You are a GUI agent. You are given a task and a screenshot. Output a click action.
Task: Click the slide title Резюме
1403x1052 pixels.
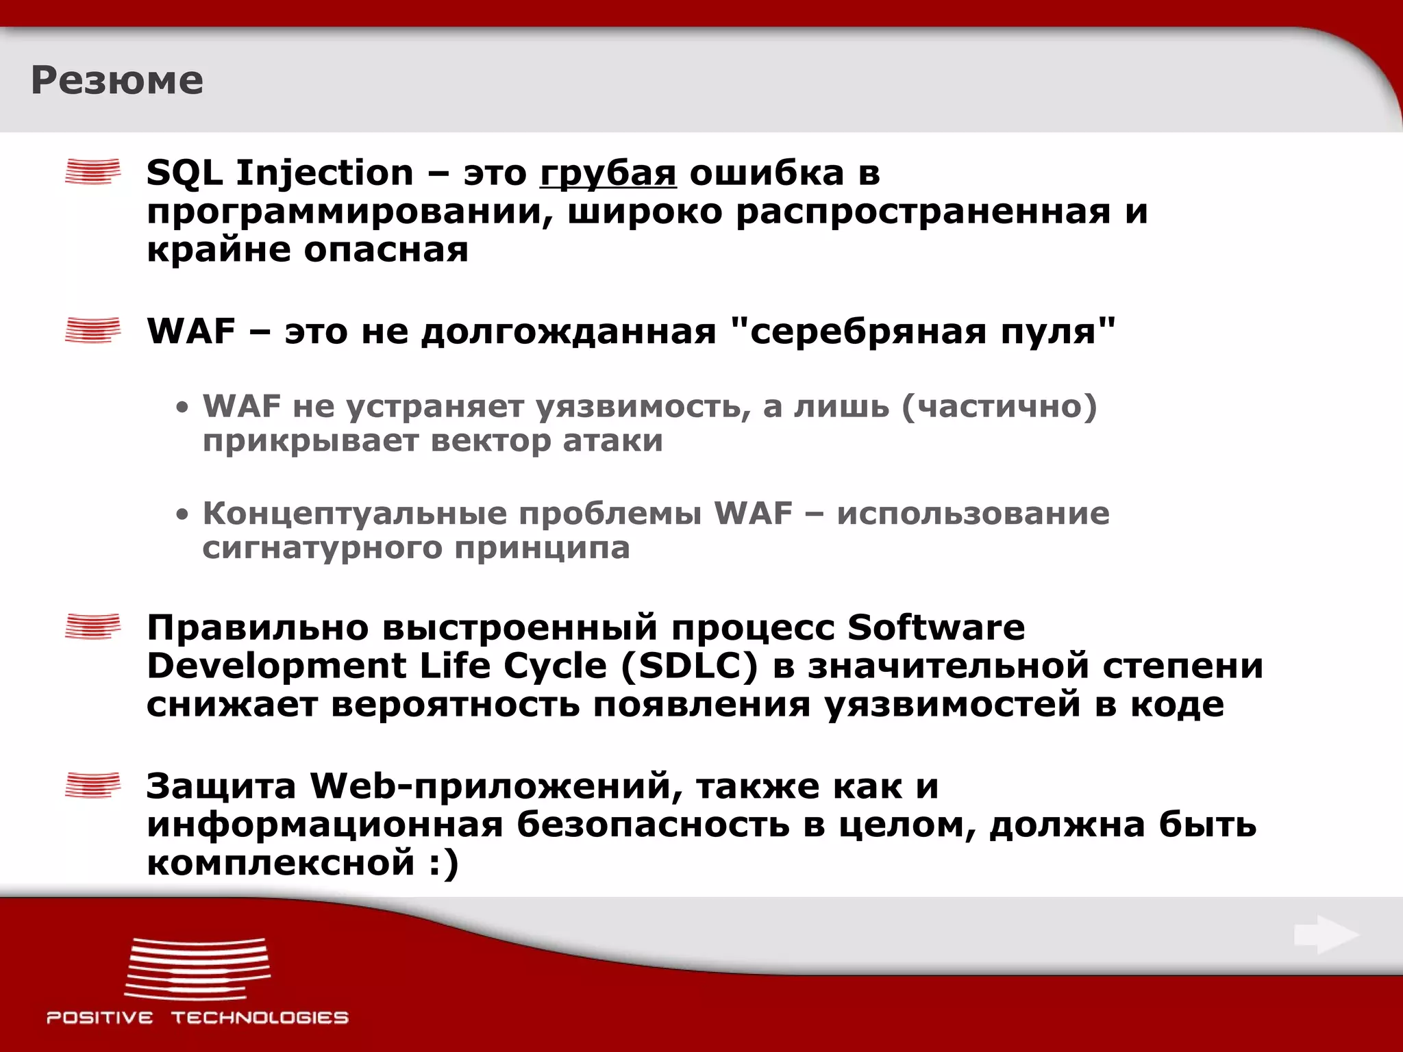click(117, 81)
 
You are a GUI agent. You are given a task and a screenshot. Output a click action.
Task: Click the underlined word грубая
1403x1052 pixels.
click(608, 174)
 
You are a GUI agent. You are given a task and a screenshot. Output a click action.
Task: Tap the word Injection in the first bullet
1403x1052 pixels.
click(325, 174)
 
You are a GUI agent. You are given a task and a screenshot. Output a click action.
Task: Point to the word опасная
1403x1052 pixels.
click(386, 250)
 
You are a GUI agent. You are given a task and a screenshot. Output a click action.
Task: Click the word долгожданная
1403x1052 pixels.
click(569, 332)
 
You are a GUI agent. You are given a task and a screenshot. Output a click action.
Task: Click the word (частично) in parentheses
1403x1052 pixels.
click(1000, 407)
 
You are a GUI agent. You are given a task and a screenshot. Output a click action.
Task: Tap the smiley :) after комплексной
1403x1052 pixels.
click(444, 863)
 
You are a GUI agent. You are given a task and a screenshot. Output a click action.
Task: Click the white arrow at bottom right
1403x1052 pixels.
click(1326, 935)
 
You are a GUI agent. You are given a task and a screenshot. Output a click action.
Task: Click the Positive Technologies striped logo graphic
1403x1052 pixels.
click(198, 968)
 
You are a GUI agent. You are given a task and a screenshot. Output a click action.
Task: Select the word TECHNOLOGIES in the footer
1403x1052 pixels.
click(260, 1018)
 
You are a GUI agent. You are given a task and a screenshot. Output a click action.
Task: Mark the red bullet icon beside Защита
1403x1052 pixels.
click(92, 785)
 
